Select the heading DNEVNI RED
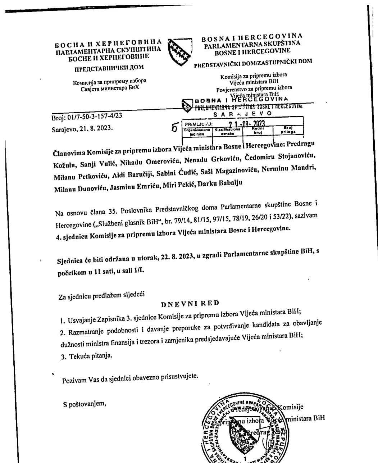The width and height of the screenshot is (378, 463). tap(190, 303)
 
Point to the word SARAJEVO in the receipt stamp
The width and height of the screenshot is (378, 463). tap(243, 114)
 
